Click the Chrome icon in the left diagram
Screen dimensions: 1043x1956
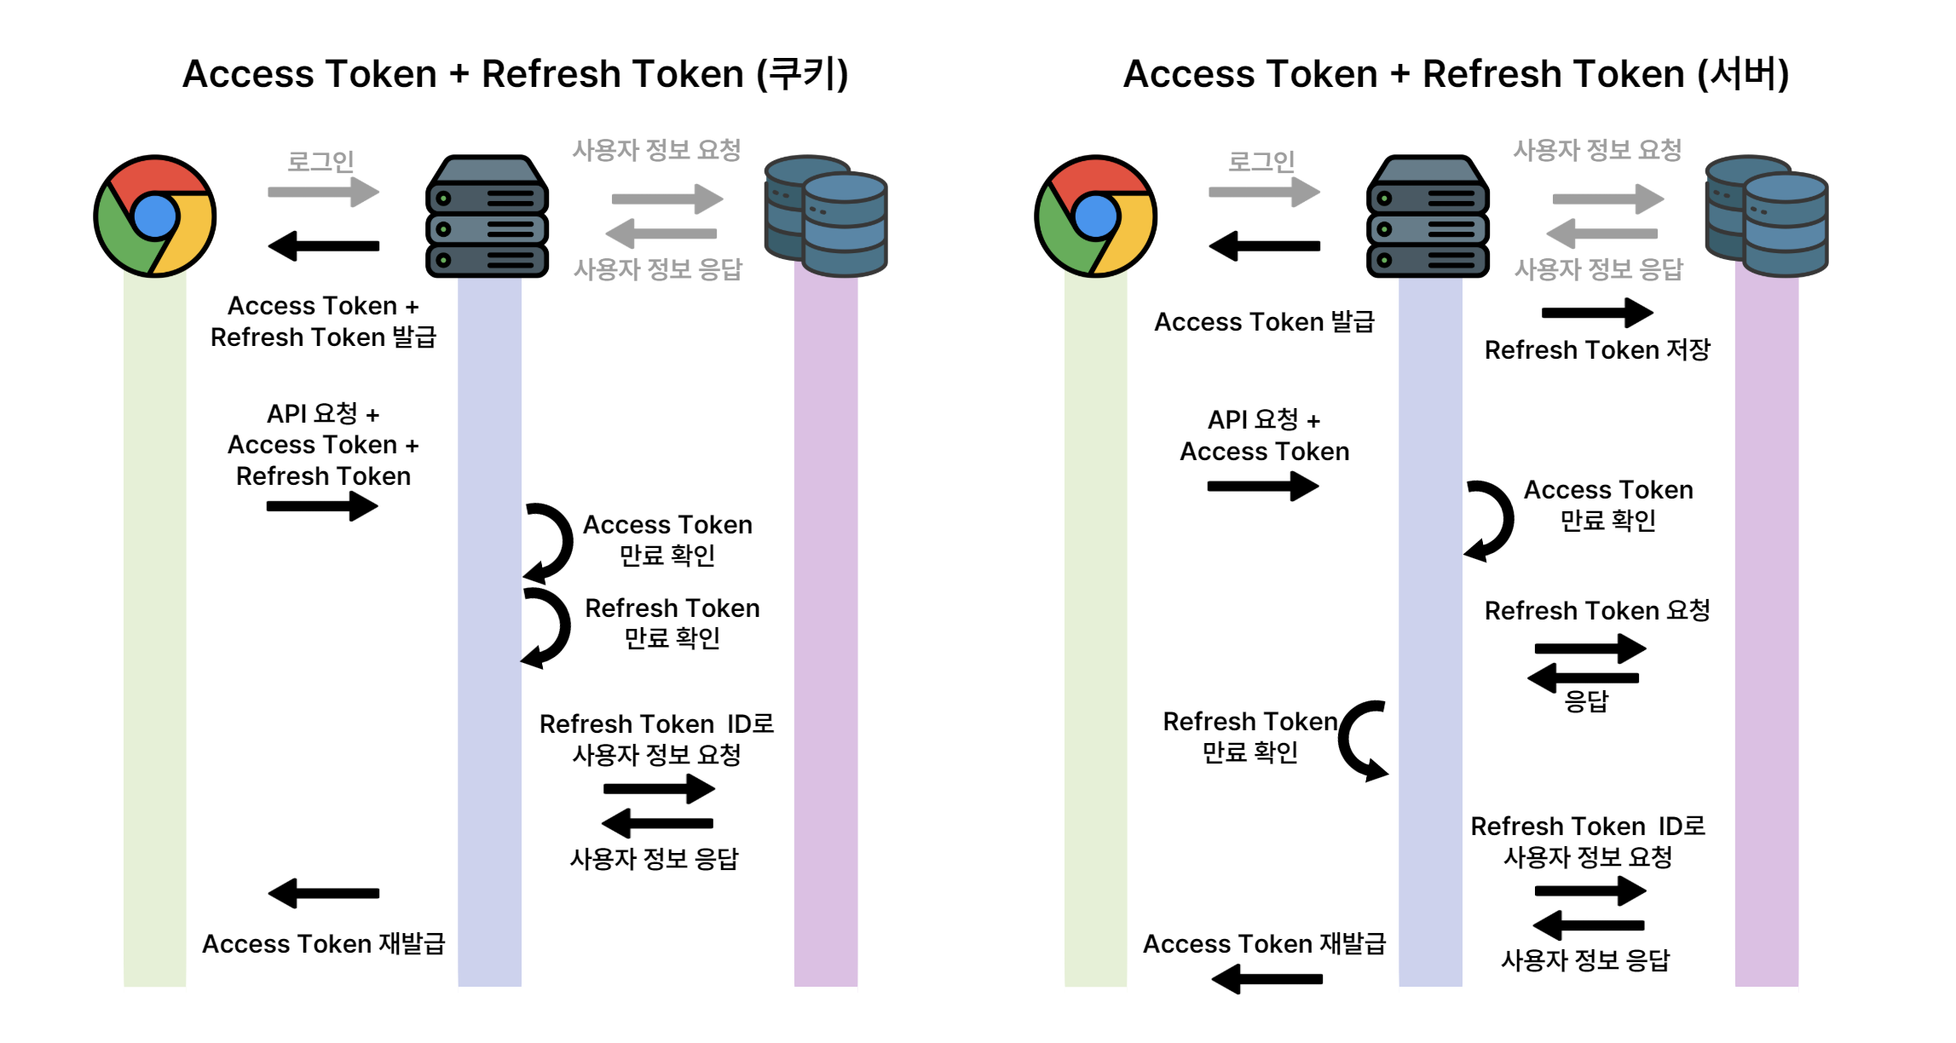click(155, 216)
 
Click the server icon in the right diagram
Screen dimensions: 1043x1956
click(1428, 216)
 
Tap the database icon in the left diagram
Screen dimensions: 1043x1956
click(826, 216)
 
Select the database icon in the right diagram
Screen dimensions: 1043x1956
click(1766, 216)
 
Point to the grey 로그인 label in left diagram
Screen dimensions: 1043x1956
click(320, 161)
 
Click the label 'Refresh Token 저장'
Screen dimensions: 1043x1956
click(1597, 350)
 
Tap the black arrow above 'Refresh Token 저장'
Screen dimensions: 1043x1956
click(1597, 313)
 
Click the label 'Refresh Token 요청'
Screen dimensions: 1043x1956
click(1597, 611)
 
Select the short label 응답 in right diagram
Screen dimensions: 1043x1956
click(1586, 702)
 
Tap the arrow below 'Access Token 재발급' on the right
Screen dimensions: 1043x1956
click(1266, 979)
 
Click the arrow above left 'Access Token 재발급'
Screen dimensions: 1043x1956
click(323, 893)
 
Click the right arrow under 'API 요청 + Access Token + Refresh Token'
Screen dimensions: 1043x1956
click(322, 506)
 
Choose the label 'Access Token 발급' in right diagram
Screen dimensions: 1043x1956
click(1264, 322)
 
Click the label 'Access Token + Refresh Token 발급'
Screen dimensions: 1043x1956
click(323, 322)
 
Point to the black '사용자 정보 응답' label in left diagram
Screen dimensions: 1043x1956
click(655, 859)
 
